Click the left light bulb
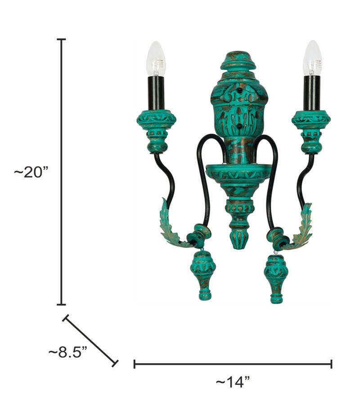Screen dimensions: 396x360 156,58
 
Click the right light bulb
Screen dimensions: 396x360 312,58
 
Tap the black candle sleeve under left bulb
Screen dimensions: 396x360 156,93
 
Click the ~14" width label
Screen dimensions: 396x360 233,382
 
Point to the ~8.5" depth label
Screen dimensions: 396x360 67,352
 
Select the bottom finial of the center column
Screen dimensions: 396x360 238,234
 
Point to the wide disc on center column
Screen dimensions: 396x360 238,172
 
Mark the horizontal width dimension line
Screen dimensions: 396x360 233,364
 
